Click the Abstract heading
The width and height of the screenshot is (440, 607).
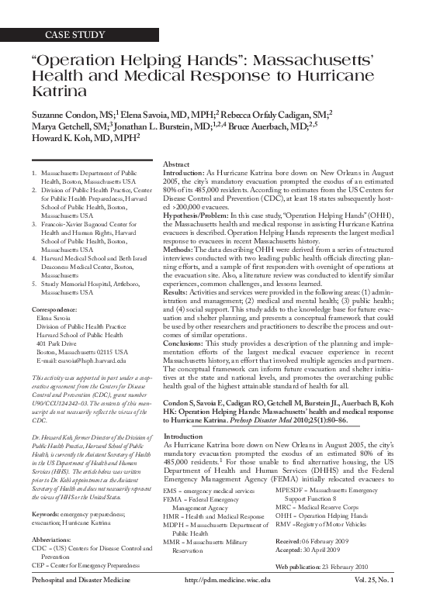point(178,165)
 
